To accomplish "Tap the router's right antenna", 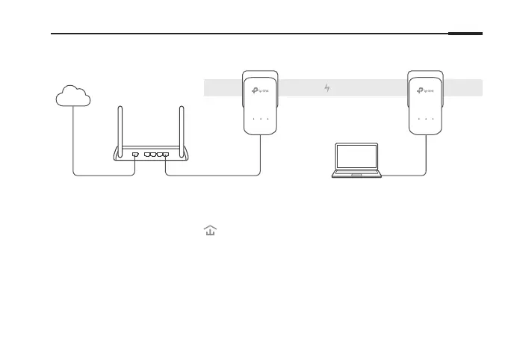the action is tap(180, 127).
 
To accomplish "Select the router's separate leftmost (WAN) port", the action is tap(134, 155).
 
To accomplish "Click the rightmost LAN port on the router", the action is tap(165, 155).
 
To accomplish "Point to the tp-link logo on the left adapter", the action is tap(260, 92).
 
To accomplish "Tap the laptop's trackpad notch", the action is tap(357, 175).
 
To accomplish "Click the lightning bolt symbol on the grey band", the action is tap(326, 89).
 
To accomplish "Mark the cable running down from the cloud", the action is tap(73, 142).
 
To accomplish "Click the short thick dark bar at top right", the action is tap(465, 34).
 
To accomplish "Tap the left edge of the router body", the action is tap(115, 155).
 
